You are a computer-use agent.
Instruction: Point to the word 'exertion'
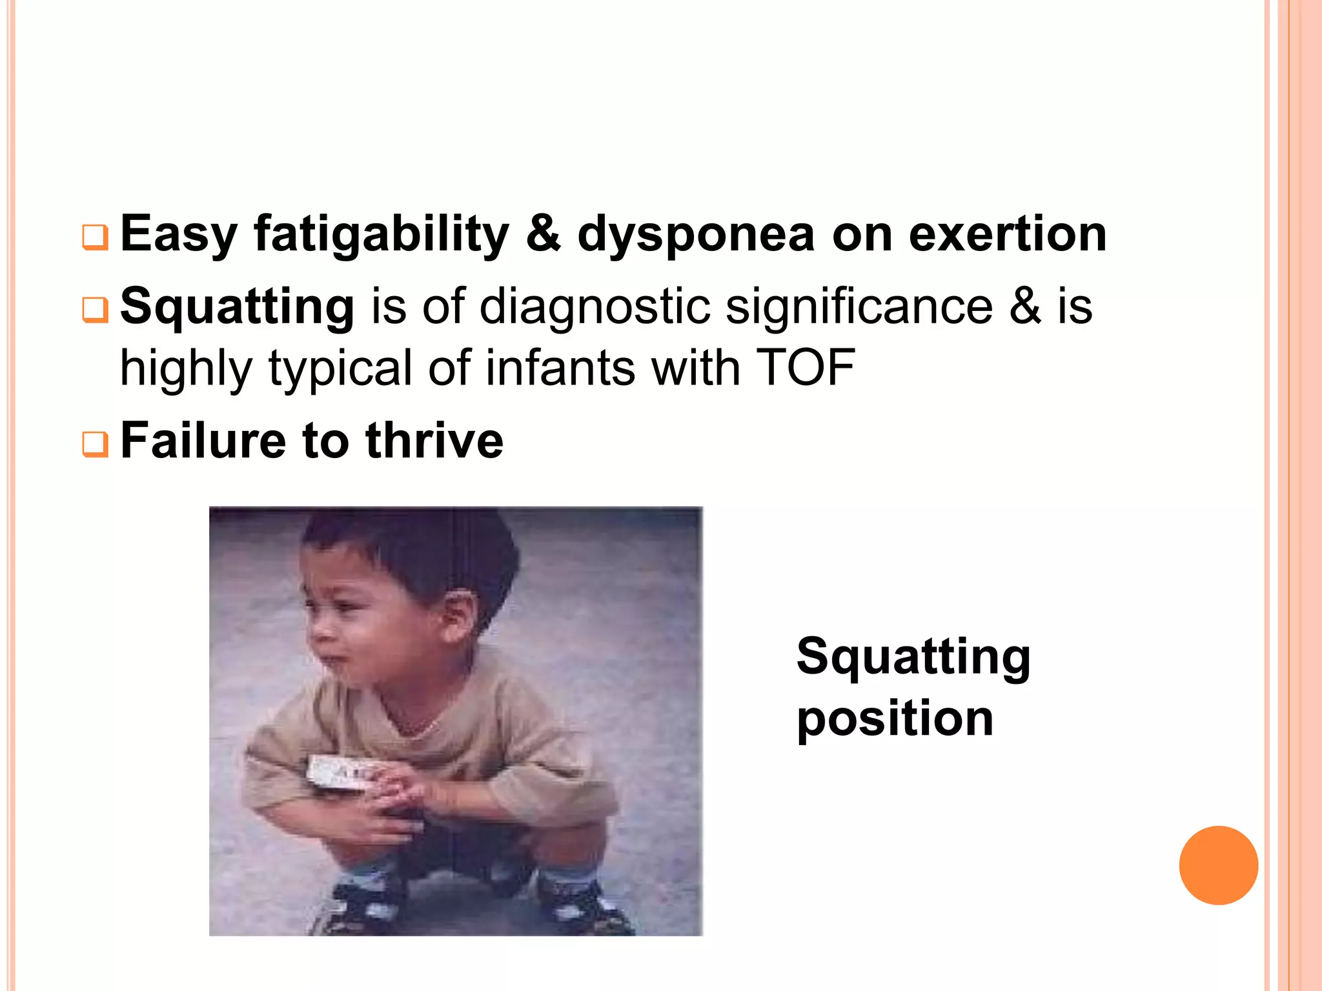click(1008, 234)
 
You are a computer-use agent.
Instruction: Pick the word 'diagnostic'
click(595, 306)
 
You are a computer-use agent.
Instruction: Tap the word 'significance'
click(859, 306)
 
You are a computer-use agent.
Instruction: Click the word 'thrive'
click(434, 441)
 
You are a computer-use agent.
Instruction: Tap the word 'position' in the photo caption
click(895, 719)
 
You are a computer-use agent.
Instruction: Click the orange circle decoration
click(1218, 865)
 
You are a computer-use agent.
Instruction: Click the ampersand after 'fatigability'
click(543, 234)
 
